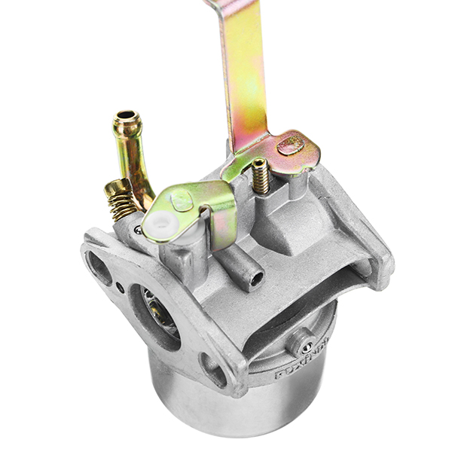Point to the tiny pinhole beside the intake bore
tap(121, 287)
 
